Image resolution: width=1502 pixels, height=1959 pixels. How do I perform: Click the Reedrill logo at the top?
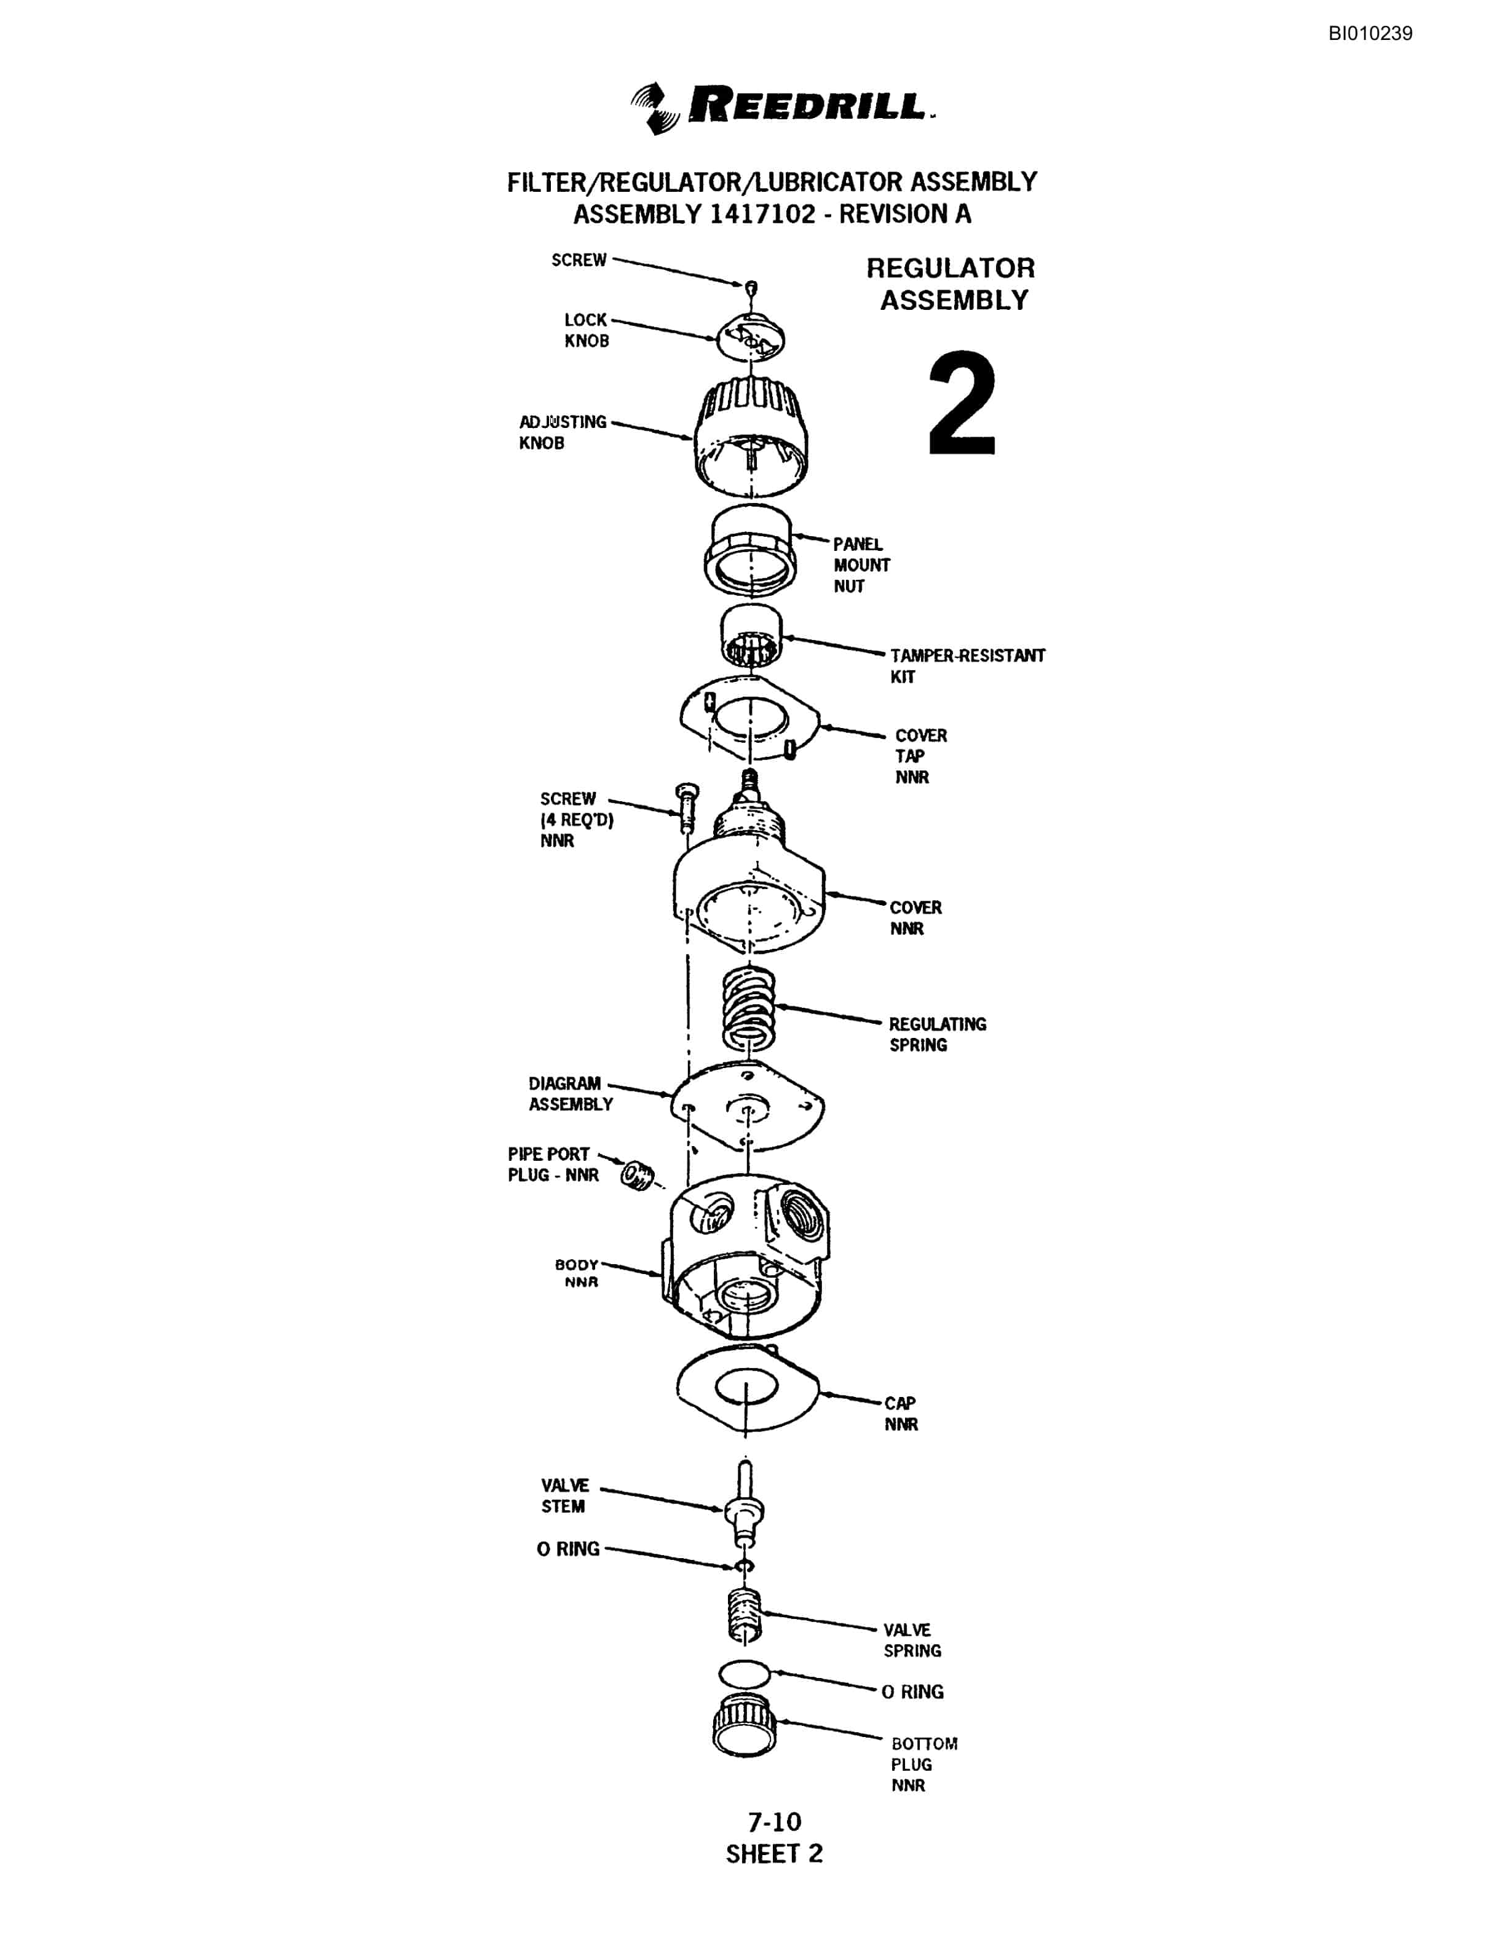point(782,107)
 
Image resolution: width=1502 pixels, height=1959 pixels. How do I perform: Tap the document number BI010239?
point(1370,34)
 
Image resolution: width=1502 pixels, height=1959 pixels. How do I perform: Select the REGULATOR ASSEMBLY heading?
point(951,284)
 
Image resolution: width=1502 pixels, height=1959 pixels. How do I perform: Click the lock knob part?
point(751,336)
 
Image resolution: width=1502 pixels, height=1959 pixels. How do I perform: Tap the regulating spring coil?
point(748,1008)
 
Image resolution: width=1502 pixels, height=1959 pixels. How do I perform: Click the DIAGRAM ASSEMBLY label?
point(571,1093)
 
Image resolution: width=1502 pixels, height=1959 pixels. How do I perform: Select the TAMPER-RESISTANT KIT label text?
point(966,666)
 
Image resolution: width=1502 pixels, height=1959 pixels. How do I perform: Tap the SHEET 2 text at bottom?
point(774,1853)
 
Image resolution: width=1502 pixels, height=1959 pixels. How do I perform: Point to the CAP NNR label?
point(901,1414)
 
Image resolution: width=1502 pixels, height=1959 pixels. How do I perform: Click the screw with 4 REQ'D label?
point(687,807)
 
